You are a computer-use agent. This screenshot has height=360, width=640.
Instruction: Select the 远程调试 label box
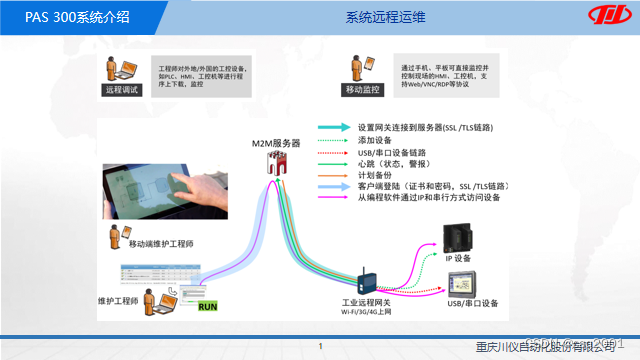click(118, 90)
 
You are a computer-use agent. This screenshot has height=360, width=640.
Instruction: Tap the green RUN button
click(206, 305)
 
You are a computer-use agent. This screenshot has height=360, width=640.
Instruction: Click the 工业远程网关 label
click(367, 301)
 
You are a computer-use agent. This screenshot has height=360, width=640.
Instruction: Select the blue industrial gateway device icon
click(367, 279)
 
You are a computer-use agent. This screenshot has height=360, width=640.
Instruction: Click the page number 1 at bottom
click(320, 347)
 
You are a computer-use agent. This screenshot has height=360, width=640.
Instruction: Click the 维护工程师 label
click(117, 299)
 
